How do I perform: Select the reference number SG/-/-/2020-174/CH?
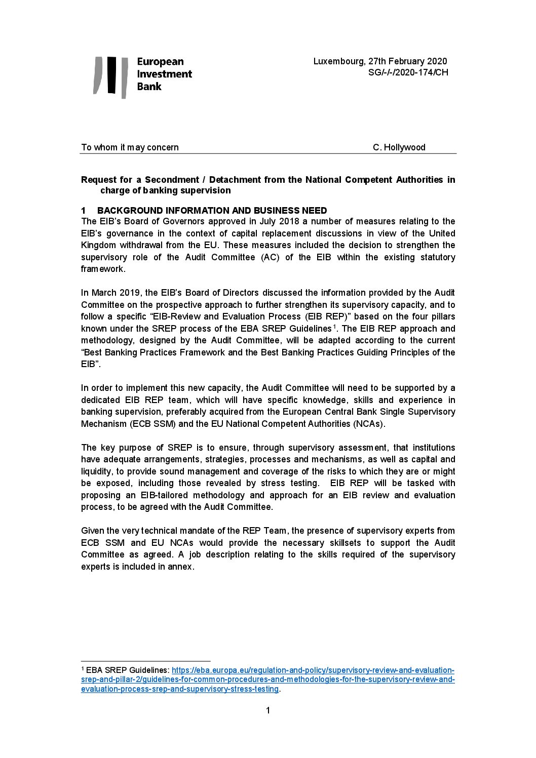tap(408, 72)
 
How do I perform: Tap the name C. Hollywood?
tap(399, 147)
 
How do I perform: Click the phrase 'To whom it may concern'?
tap(130, 147)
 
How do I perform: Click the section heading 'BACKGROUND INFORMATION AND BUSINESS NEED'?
tap(212, 211)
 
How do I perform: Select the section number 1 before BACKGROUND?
tap(84, 211)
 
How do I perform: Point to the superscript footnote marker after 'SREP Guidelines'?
tap(334, 327)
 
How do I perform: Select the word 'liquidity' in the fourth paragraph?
tap(98, 471)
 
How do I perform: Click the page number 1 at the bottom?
tap(268, 711)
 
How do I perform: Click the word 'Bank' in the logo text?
tap(149, 87)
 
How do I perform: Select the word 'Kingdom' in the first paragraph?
tap(98, 245)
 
